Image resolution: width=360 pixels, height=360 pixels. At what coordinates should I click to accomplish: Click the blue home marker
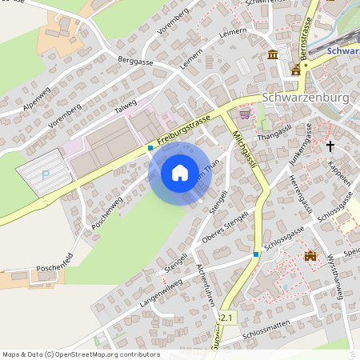180,173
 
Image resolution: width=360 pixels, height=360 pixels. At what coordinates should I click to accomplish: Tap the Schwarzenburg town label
306,97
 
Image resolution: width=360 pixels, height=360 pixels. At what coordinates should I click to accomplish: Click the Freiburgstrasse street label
184,131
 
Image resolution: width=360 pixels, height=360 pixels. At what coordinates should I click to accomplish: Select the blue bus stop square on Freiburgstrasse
150,148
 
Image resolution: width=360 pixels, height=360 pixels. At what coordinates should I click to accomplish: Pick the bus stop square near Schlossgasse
256,254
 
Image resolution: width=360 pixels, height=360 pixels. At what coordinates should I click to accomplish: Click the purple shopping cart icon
244,114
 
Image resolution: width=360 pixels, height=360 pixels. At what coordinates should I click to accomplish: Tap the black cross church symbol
330,146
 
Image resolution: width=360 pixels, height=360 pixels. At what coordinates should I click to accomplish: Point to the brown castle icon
310,256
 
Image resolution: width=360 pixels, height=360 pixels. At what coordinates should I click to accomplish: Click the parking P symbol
45,173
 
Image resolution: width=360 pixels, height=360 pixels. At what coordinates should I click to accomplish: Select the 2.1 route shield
227,318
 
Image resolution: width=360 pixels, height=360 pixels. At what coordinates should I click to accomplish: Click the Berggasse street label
134,62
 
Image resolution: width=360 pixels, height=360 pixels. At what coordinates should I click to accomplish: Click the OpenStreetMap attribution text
81,354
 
